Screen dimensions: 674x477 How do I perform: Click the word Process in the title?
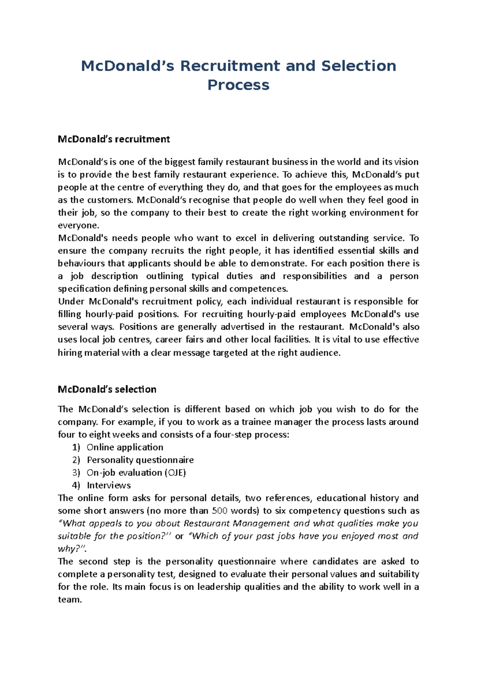pos(238,85)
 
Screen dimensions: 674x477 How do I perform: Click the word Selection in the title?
pos(359,66)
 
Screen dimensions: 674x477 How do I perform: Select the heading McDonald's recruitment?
pos(114,139)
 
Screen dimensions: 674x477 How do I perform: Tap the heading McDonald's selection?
pos(107,389)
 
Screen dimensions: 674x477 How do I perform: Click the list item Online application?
pos(125,447)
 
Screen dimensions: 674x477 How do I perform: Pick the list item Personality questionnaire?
pos(140,460)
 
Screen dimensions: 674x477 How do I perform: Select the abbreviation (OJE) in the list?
pos(175,473)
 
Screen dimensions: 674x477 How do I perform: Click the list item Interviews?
pos(109,485)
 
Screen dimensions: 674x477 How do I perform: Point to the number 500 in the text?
pos(220,511)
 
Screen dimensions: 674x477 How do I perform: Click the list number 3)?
pos(76,473)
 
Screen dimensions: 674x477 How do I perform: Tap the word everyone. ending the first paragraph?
pos(78,225)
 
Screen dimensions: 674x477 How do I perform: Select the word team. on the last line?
pos(70,600)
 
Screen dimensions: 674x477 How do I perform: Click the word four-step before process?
pos(233,435)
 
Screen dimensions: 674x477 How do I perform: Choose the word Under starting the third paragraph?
pos(71,302)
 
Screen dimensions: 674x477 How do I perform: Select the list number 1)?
pos(76,447)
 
